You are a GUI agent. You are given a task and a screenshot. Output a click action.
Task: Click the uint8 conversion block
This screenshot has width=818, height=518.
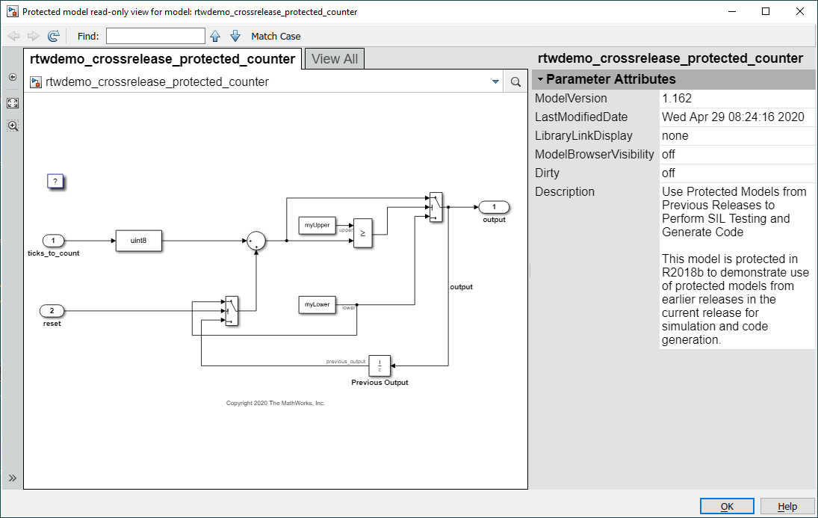coord(138,241)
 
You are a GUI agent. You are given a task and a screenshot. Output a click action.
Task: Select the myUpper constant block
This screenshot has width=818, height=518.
coord(317,225)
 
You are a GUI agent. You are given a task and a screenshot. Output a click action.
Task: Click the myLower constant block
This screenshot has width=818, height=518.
coord(317,304)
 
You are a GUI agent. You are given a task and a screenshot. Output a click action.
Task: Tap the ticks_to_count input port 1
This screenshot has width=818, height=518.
coord(53,241)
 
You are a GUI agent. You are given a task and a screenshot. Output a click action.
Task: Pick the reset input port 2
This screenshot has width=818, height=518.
coord(52,311)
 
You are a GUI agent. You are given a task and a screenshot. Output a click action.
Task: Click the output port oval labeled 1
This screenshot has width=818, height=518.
coord(494,207)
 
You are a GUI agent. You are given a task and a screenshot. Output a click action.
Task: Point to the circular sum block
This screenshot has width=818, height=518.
coord(256,241)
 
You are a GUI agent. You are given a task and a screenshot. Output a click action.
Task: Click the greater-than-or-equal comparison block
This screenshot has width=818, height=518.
coord(362,233)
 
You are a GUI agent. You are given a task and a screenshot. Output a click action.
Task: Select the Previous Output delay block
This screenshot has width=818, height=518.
coord(379,366)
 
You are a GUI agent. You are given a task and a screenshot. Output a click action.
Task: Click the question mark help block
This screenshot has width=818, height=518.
coord(55,181)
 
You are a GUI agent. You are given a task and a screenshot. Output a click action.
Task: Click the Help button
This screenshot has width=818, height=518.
coord(787,507)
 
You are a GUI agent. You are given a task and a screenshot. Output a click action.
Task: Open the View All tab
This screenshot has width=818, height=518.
coord(335,59)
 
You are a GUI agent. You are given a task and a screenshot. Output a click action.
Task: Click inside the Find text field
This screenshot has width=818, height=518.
coord(155,36)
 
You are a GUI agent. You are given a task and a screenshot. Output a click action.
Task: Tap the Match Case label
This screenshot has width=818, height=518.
coord(276,36)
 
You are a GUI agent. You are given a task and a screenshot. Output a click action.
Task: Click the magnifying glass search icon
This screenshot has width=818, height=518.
coord(515,82)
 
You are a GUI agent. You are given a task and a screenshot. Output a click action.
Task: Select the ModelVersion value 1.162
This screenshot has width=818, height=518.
coord(677,98)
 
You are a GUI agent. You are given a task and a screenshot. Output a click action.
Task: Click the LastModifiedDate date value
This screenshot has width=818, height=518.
coord(733,117)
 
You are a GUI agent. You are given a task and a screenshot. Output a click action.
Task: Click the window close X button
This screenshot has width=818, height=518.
coord(800,11)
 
